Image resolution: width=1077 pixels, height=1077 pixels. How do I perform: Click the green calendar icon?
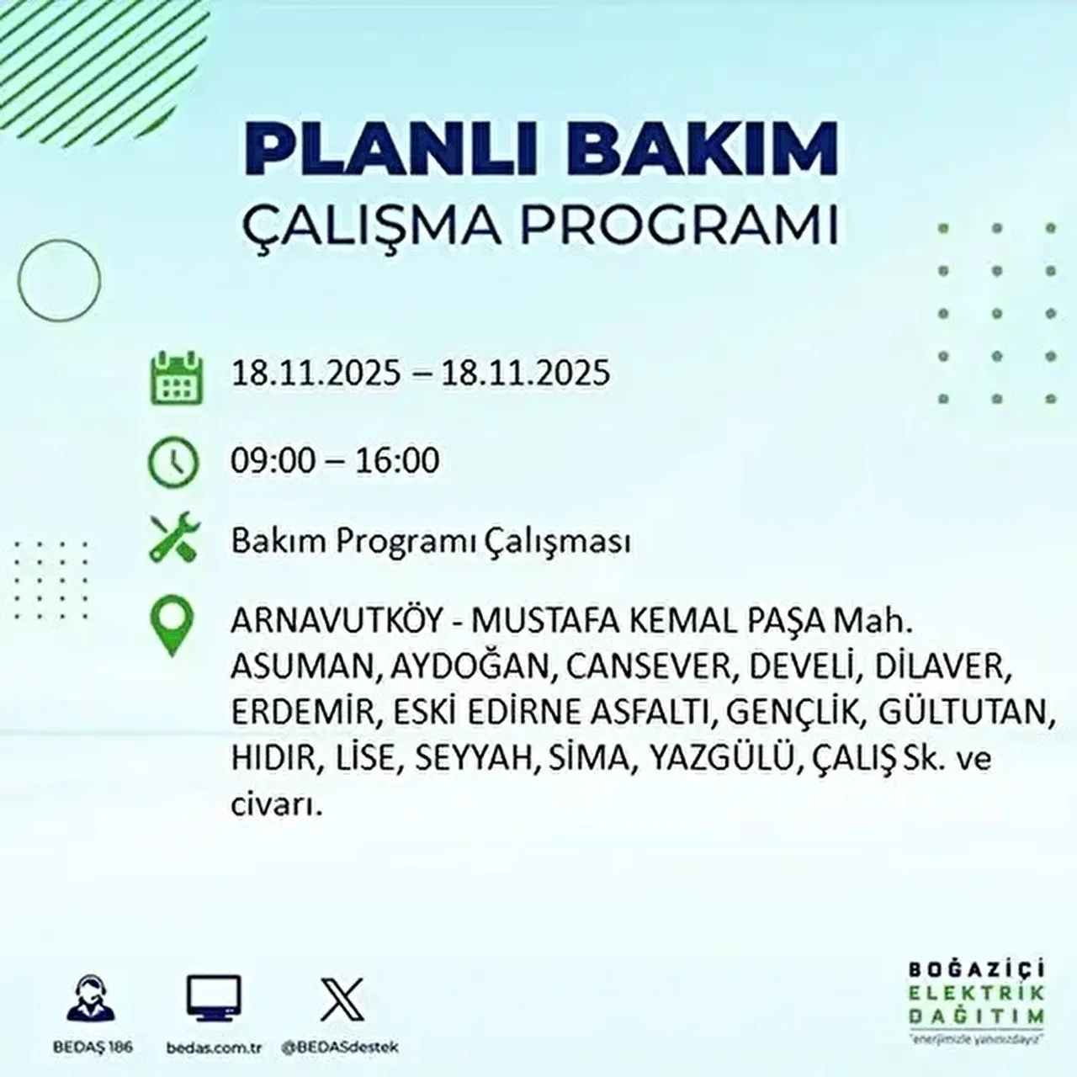[176, 377]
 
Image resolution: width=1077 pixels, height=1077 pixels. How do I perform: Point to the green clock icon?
[173, 463]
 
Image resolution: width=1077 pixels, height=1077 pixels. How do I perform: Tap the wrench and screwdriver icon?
[173, 540]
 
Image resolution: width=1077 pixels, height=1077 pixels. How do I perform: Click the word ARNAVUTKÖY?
[336, 623]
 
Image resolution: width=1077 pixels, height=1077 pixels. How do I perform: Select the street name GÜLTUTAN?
[967, 713]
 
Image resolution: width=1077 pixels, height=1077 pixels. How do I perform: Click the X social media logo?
[342, 999]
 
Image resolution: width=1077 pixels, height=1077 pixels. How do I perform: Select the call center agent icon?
[90, 1000]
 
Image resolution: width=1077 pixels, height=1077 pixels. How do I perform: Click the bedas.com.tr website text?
[215, 1048]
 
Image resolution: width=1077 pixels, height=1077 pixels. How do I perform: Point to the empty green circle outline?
[59, 279]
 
